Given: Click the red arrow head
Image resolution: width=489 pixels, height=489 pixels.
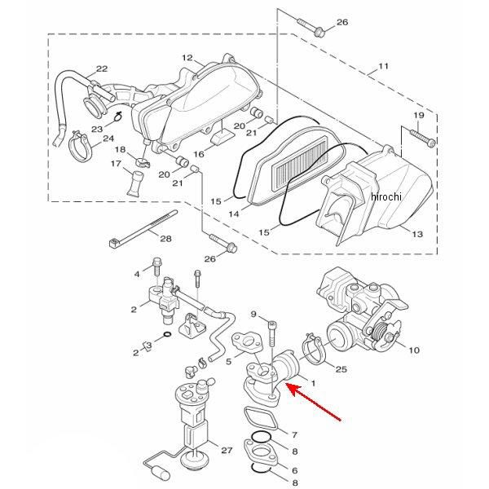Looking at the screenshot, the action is tap(293, 390).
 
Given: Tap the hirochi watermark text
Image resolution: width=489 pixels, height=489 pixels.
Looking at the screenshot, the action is tap(386, 196).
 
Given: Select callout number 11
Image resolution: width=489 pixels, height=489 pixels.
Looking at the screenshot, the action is tap(383, 66).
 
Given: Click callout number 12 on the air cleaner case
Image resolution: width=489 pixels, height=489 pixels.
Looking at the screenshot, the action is tap(187, 58).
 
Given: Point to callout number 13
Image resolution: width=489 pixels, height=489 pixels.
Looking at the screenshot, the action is tap(417, 234).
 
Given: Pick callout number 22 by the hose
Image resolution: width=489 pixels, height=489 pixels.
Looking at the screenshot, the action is tap(102, 68).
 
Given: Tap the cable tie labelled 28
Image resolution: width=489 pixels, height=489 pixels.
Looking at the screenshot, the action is tap(143, 228).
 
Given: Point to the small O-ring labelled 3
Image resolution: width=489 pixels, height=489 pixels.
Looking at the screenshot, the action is tap(167, 335).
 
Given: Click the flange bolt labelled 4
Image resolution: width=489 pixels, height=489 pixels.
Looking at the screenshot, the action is tap(156, 267).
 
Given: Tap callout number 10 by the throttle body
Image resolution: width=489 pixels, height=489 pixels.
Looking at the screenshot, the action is tap(414, 350).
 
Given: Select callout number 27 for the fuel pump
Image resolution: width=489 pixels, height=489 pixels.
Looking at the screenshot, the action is tap(227, 450).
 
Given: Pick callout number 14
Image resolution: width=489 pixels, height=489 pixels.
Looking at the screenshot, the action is tap(234, 214).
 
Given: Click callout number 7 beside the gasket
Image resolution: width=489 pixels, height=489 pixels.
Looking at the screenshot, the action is tap(294, 434).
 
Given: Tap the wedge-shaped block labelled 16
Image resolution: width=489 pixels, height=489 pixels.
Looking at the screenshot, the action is tap(222, 137).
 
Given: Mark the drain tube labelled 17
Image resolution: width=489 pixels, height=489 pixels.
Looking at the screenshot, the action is tap(136, 184).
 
